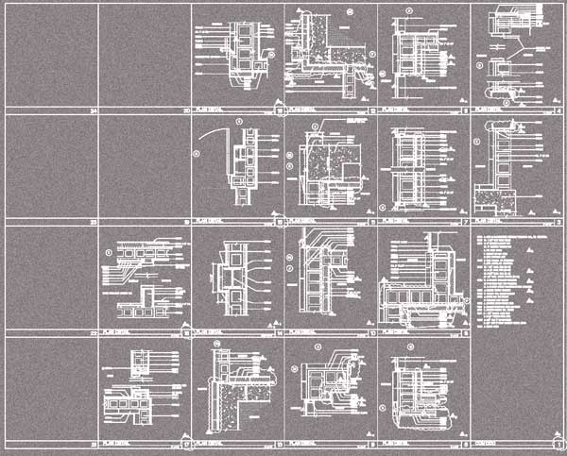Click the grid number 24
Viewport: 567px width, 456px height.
(94, 111)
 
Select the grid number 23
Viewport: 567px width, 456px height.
(94, 222)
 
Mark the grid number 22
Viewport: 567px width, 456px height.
(94, 332)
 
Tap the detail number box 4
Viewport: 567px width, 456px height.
(558, 111)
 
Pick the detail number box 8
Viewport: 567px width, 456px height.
(465, 111)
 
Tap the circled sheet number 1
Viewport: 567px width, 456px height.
(557, 441)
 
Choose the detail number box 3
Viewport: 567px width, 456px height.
(558, 222)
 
